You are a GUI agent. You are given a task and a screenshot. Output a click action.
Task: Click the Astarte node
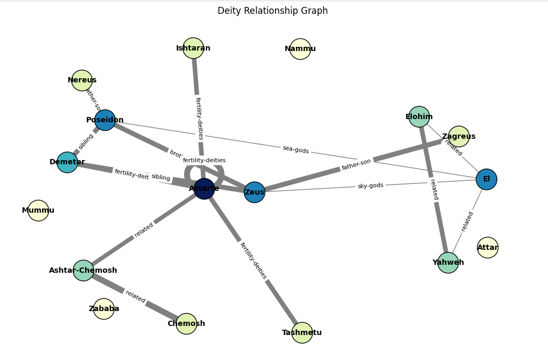tap(204, 189)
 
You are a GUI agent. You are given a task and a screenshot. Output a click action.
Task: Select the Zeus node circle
tap(254, 192)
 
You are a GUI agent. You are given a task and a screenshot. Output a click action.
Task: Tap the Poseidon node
tap(105, 120)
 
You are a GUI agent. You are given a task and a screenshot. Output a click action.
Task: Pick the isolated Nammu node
tap(300, 49)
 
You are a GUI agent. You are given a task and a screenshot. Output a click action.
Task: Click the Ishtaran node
tap(193, 48)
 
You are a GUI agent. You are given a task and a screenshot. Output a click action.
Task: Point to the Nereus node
tap(82, 80)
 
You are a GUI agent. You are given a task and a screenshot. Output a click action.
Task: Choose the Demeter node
tap(68, 162)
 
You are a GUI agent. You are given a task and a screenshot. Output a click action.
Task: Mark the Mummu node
tap(38, 211)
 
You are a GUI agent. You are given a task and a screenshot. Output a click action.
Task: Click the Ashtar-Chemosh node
tap(84, 271)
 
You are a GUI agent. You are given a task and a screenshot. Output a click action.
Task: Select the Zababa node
tap(104, 309)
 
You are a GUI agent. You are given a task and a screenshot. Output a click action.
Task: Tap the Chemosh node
tap(186, 324)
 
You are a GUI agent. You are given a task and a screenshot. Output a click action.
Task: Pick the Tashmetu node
tap(302, 333)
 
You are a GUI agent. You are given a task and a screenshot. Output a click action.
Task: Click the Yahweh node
tap(448, 263)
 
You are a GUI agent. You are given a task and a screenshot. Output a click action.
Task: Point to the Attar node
tap(487, 248)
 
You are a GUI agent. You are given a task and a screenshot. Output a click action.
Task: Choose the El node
tap(486, 179)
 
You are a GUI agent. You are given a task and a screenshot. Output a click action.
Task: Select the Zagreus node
tap(459, 137)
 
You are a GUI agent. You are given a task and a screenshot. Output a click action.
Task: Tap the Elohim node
tap(419, 117)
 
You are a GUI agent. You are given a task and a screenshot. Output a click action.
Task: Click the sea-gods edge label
tap(296, 150)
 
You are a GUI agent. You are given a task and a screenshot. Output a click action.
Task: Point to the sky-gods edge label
tap(370, 186)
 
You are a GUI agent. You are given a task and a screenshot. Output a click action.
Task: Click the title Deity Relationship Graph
tap(272, 11)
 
